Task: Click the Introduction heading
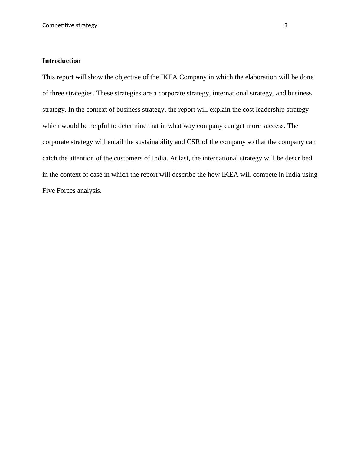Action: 61,61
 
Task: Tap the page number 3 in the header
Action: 286,25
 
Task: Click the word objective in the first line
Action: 128,77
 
